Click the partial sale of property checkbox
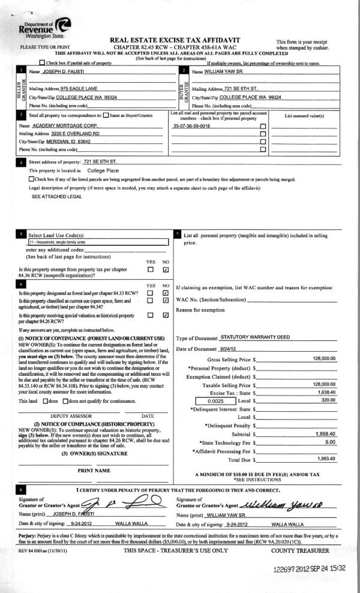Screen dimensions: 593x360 point(41,62)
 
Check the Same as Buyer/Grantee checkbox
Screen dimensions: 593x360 point(106,114)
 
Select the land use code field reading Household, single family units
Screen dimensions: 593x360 point(96,242)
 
